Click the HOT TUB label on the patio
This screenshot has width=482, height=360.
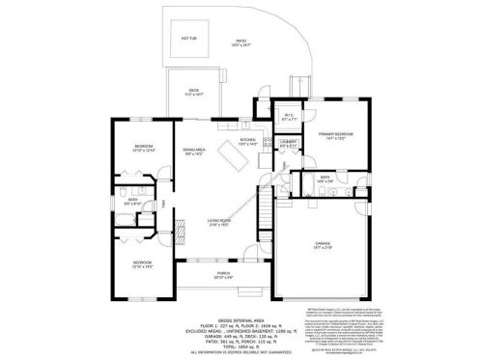187,40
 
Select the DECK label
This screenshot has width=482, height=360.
193,91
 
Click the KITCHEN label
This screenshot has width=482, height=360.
248,141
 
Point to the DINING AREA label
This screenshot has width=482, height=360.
194,151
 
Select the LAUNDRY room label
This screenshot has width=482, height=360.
288,143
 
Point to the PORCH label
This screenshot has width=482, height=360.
221,276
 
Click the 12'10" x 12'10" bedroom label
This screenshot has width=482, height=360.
143,148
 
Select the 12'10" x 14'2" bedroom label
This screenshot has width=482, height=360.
143,263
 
